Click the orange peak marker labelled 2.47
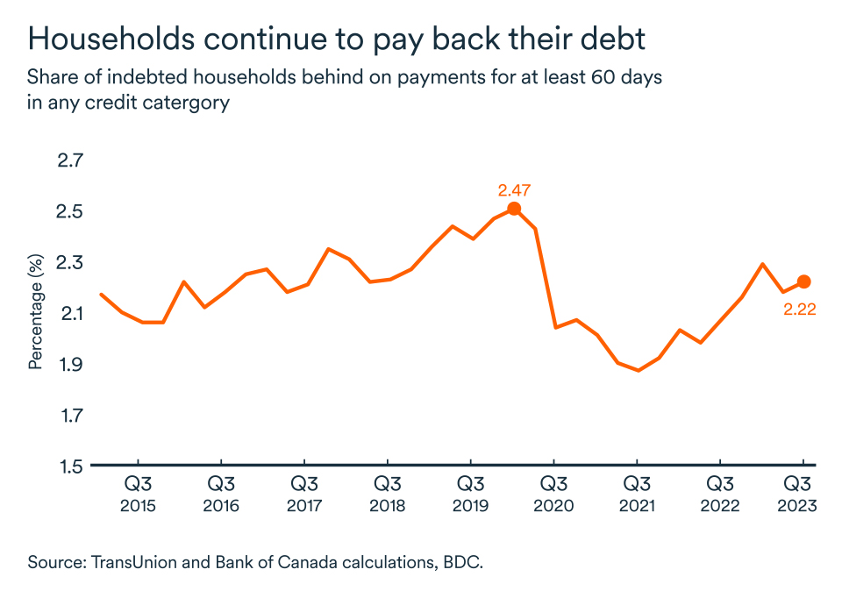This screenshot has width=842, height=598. pyautogui.click(x=515, y=209)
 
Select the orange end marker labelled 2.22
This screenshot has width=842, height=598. pyautogui.click(x=803, y=281)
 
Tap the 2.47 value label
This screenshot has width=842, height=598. pyautogui.click(x=515, y=189)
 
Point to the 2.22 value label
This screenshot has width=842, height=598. pyautogui.click(x=800, y=309)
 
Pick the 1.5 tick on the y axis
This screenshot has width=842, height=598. pyautogui.click(x=72, y=466)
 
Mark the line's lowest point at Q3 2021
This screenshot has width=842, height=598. pyautogui.click(x=638, y=370)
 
